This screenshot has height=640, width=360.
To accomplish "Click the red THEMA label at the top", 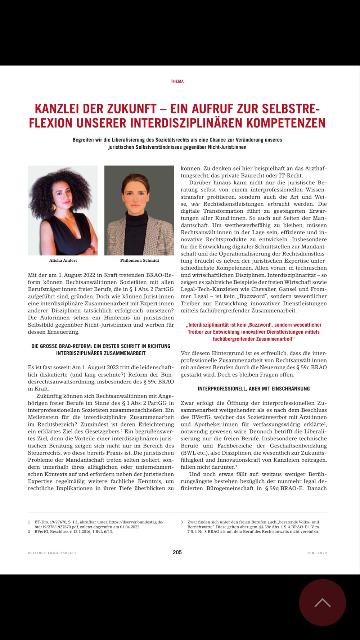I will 177,81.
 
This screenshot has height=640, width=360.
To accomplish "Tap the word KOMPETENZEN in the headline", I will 286,123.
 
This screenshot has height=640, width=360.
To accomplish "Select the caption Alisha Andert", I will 63,260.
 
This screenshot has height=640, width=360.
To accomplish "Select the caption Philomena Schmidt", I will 140,260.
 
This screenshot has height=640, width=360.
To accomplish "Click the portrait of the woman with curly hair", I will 63,210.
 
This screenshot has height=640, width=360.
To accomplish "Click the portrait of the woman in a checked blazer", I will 139,210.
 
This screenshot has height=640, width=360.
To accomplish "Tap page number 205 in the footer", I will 177,552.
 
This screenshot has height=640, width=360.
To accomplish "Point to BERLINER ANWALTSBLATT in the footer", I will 52,553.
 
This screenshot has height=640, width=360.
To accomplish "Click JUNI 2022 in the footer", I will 317,553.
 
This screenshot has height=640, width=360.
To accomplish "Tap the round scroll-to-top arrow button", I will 322,602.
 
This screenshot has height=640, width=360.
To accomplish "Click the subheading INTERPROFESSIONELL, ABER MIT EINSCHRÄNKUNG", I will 254,389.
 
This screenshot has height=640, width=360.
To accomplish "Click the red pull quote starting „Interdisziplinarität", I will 254,332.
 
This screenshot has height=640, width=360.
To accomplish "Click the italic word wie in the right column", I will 195,204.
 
